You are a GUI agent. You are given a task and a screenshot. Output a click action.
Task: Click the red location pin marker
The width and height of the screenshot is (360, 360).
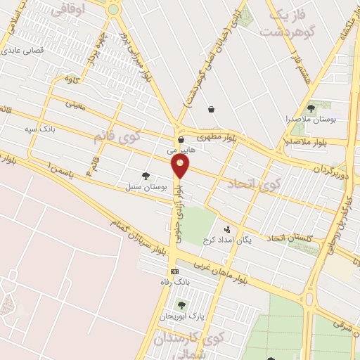181,166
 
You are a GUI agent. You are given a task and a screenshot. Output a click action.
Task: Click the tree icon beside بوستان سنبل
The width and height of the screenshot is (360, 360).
146,176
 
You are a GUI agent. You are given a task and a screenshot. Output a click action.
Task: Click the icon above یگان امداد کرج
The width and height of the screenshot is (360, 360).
227,229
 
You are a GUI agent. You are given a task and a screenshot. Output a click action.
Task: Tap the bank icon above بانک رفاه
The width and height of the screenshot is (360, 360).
174,271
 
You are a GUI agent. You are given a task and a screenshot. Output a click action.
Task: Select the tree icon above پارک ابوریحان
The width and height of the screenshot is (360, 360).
182,305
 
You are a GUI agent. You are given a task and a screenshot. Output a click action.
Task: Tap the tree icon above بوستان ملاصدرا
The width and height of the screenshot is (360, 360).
311,108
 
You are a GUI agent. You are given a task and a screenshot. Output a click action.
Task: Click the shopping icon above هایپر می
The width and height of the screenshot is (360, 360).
181,139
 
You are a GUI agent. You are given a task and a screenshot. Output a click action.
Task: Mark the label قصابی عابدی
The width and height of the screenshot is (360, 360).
22,51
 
